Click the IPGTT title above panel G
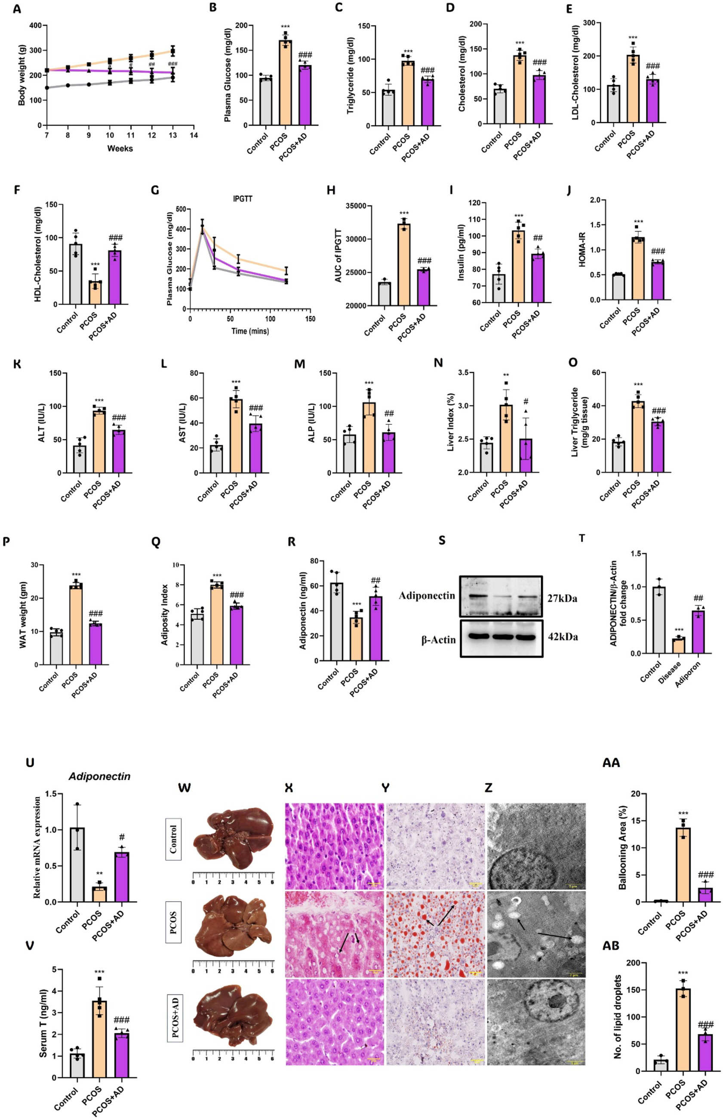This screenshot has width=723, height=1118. click(243, 199)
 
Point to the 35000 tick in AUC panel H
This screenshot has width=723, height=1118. click(358, 206)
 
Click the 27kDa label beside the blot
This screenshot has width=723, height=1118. click(563, 599)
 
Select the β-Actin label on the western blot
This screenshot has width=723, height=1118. click(438, 639)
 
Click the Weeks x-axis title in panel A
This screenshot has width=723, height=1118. click(120, 148)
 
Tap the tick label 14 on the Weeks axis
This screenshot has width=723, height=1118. click(194, 135)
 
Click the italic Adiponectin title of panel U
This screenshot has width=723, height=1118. click(99, 776)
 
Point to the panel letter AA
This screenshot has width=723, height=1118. click(611, 763)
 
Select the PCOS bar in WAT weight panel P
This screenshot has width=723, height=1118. click(76, 625)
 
